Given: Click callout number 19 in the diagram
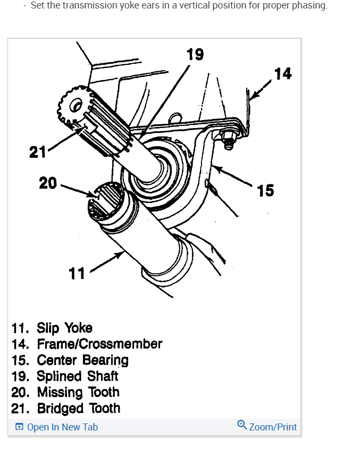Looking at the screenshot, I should pyautogui.click(x=195, y=54).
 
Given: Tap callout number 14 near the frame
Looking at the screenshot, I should pyautogui.click(x=283, y=73).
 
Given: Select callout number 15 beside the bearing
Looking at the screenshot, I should pyautogui.click(x=265, y=190).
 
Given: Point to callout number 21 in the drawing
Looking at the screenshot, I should pyautogui.click(x=37, y=153).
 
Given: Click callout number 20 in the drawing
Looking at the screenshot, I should pyautogui.click(x=48, y=183).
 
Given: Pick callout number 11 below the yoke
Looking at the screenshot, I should pyautogui.click(x=77, y=273).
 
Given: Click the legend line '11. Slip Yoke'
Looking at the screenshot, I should pyautogui.click(x=52, y=327).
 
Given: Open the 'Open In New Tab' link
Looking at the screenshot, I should pyautogui.click(x=62, y=427).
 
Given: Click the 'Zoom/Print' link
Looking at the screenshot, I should pyautogui.click(x=273, y=427).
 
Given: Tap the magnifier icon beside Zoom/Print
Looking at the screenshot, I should pyautogui.click(x=242, y=425).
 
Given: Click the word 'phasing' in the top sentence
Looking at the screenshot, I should pyautogui.click(x=309, y=6).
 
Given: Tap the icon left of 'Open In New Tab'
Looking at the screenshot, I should pyautogui.click(x=19, y=427).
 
